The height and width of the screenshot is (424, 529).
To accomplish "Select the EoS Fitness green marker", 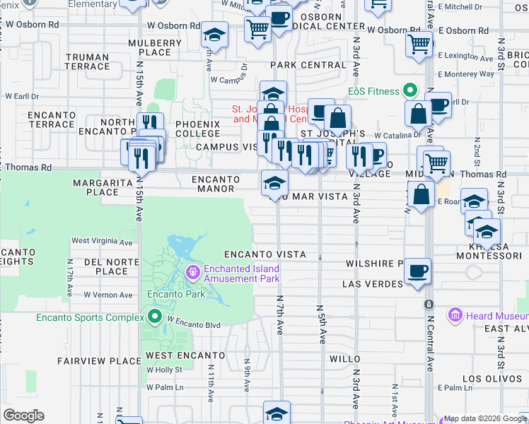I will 409,91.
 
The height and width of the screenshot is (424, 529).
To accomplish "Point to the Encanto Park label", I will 176,295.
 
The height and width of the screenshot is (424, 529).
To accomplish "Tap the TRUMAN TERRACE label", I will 88,62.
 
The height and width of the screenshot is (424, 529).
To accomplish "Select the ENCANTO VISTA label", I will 265,254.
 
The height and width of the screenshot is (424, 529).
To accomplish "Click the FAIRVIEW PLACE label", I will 92,361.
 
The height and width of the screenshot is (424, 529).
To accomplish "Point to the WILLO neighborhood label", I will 346,359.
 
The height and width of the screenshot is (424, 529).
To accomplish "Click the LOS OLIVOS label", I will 487,379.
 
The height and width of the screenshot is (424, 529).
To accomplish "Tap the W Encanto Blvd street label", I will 194,325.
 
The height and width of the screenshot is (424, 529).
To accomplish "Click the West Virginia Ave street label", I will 102,242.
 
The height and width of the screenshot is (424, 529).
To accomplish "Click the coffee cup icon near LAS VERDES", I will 418,270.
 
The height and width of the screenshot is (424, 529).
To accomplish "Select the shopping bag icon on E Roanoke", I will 422,194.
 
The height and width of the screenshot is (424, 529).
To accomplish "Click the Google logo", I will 23,416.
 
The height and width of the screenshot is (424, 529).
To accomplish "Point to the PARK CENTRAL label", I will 308,65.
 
